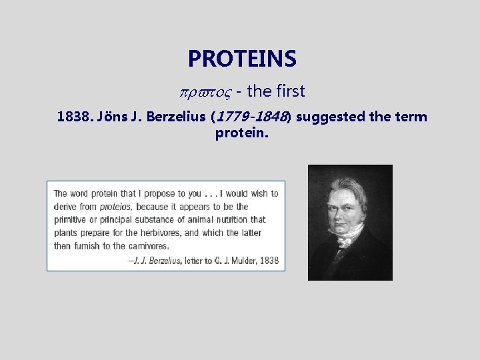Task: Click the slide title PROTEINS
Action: tap(241, 59)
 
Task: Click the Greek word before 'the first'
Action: tap(202, 92)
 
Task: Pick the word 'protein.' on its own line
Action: tap(241, 133)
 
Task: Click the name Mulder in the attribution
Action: tap(239, 260)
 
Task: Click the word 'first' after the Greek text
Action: tap(287, 92)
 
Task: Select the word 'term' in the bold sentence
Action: tap(412, 118)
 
